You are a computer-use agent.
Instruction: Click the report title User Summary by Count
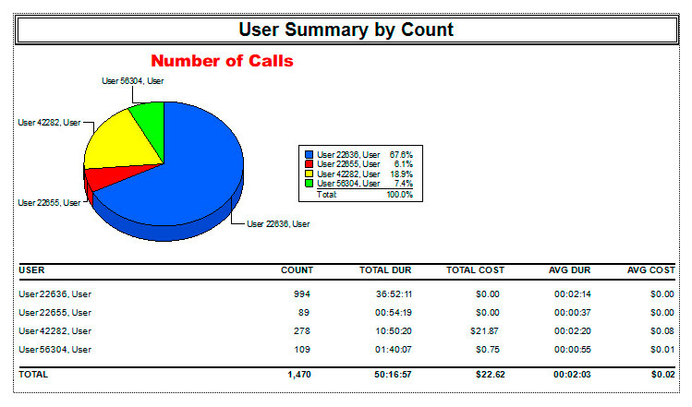click(346, 30)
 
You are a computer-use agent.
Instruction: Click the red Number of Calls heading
click(222, 62)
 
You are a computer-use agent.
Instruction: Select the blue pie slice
click(185, 166)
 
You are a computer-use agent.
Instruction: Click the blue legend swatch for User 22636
click(310, 154)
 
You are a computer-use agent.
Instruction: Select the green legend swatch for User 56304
click(310, 184)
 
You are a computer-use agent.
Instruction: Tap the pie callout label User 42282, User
click(49, 121)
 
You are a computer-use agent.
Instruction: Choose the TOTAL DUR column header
click(385, 270)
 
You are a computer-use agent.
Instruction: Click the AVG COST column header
click(650, 270)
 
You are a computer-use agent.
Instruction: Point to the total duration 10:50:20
click(392, 330)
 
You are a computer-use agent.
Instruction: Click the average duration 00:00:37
click(572, 312)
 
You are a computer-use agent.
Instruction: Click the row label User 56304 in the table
click(55, 349)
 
